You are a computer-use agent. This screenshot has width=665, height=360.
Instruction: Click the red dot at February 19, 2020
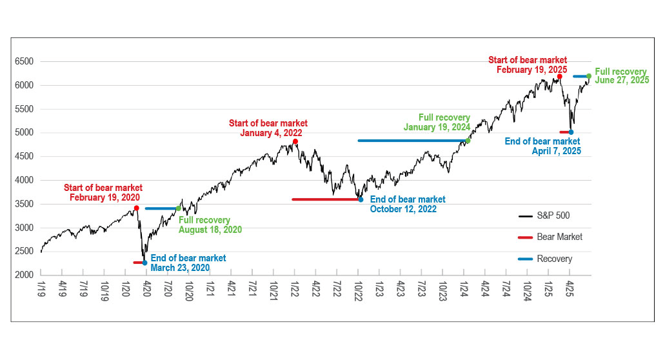click(x=136, y=208)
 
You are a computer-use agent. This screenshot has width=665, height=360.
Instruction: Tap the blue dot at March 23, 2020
click(x=144, y=263)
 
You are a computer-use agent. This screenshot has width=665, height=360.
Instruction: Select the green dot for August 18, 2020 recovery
click(x=179, y=208)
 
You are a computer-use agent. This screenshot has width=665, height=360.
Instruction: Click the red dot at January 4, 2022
click(x=295, y=141)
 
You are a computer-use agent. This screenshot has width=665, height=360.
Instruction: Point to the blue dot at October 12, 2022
click(x=361, y=199)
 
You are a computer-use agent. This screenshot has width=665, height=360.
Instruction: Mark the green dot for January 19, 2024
click(x=468, y=141)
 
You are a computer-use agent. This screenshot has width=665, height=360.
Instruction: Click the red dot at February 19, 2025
click(x=559, y=76)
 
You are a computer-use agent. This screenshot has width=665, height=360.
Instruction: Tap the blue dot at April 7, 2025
click(x=571, y=132)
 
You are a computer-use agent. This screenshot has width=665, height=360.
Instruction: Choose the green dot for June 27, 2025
click(x=589, y=76)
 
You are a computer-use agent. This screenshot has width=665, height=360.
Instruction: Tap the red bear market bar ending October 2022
click(x=326, y=199)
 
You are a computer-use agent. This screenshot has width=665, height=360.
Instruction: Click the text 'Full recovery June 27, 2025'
click(x=621, y=76)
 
